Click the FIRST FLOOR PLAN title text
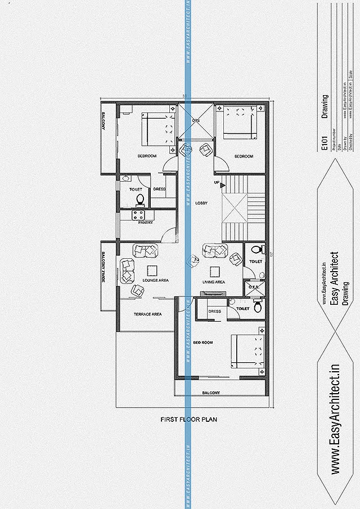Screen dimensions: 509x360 (188, 419)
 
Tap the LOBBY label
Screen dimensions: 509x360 (201, 202)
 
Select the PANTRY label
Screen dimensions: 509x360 (138, 222)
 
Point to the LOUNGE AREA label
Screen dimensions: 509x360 (156, 280)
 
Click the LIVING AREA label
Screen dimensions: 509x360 (214, 282)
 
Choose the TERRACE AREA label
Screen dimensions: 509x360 (147, 314)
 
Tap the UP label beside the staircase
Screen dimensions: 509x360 (216, 183)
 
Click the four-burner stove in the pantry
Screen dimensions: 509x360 (138, 214)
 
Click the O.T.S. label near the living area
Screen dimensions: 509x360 (253, 287)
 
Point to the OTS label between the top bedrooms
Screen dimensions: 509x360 (196, 120)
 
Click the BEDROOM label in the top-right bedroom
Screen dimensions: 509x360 (244, 156)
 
